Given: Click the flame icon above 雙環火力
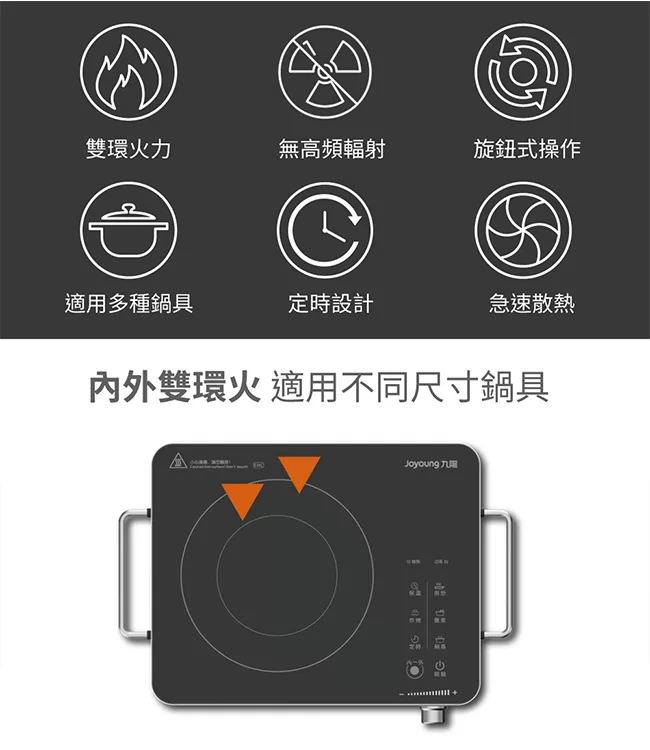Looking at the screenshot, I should pos(128,70).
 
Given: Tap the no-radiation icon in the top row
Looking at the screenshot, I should pos(325,70).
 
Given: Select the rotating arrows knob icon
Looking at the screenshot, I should pos(522,70).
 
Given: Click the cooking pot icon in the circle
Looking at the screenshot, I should pos(128,231).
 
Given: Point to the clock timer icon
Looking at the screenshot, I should pos(325,231).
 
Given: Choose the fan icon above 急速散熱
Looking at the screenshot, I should pos(522,231).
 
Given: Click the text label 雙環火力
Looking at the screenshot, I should pos(128,149).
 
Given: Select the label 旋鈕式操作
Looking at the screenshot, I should pos(527,149).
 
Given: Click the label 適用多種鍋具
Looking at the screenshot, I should pos(129,303).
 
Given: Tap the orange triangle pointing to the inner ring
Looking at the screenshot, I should pos(244,498).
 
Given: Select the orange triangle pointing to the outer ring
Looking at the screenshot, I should pos(299,472).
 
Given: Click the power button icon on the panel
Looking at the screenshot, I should pos(440,669).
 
